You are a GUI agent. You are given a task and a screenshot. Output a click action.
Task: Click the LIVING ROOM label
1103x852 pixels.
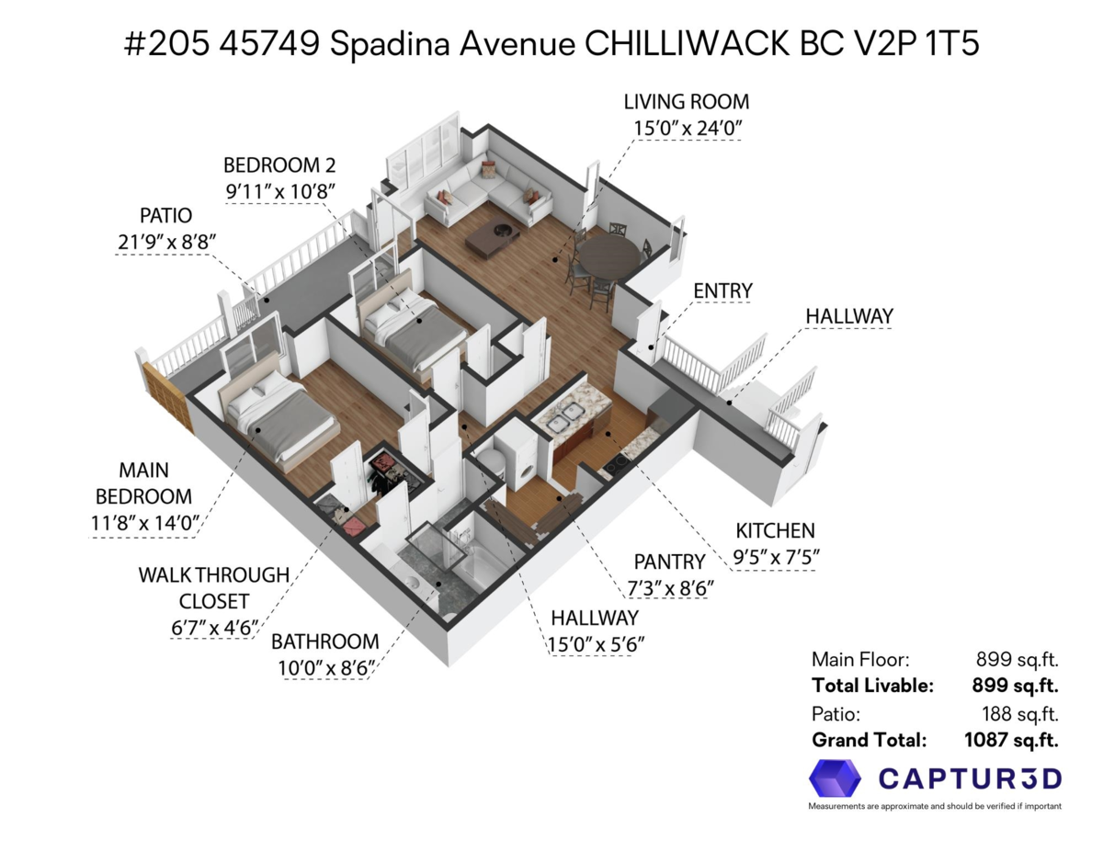[x=686, y=102]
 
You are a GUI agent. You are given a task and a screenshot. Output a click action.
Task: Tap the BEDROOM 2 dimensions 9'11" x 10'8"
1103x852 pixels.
[x=280, y=192]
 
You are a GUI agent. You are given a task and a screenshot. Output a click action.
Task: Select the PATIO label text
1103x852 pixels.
[x=166, y=216]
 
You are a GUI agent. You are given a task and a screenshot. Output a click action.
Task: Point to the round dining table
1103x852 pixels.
[x=608, y=256]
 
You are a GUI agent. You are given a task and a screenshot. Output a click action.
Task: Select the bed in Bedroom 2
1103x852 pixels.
[x=411, y=324]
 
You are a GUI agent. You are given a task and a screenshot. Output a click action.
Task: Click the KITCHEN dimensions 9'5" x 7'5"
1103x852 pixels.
[x=776, y=558]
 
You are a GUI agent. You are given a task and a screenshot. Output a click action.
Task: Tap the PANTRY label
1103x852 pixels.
[x=669, y=562]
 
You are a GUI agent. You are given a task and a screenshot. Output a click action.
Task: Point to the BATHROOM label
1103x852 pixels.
[x=324, y=642]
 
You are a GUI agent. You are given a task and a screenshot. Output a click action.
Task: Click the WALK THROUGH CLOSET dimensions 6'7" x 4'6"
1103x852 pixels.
[x=214, y=628]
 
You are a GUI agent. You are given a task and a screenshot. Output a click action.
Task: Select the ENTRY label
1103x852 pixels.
[x=722, y=290]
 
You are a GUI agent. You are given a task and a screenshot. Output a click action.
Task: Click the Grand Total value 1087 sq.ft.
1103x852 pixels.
[x=1011, y=740]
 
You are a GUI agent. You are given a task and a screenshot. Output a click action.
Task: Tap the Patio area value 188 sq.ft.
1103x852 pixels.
[x=1019, y=713]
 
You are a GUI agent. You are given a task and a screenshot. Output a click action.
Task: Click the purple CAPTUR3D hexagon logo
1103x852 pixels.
[x=835, y=778]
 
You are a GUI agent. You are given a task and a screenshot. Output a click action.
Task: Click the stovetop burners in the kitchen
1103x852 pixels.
[x=615, y=461]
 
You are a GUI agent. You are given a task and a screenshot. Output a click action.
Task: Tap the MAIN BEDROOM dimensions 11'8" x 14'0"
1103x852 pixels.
[x=144, y=523]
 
